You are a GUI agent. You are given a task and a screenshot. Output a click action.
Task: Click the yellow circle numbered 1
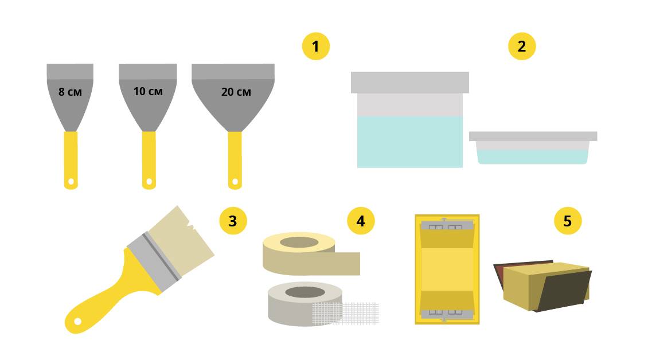click(x=316, y=46)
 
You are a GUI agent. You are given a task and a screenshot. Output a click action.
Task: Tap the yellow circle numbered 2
click(x=521, y=46)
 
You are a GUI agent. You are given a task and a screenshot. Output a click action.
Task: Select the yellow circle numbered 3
click(x=233, y=221)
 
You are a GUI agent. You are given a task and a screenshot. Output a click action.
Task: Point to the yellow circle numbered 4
click(x=361, y=221)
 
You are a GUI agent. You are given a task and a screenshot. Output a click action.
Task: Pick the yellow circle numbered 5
click(x=567, y=221)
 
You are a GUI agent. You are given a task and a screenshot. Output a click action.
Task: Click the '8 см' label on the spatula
click(x=70, y=92)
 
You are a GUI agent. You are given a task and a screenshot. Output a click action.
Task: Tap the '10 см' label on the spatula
click(x=148, y=91)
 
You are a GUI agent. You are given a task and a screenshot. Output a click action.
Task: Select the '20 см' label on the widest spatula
click(x=236, y=92)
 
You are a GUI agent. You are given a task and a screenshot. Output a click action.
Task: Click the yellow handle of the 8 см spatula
click(x=71, y=160)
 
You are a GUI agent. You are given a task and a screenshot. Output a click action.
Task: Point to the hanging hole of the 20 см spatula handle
click(x=235, y=182)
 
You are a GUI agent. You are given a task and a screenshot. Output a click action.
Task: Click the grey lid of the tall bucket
click(x=409, y=82)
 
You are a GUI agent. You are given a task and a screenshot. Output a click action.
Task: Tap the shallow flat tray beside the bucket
click(x=533, y=147)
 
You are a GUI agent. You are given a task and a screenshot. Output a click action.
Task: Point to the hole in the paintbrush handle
click(x=77, y=321)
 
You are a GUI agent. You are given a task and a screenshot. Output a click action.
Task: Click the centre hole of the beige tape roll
click(x=299, y=242)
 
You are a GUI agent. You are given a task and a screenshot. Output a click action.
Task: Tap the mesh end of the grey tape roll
click(x=345, y=313)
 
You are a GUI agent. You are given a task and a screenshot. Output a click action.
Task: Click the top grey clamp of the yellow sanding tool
click(x=447, y=226)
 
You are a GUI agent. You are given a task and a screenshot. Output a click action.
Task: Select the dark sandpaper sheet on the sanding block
click(x=564, y=289)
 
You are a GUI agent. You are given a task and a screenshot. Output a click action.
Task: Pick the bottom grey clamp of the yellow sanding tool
click(x=447, y=314)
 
